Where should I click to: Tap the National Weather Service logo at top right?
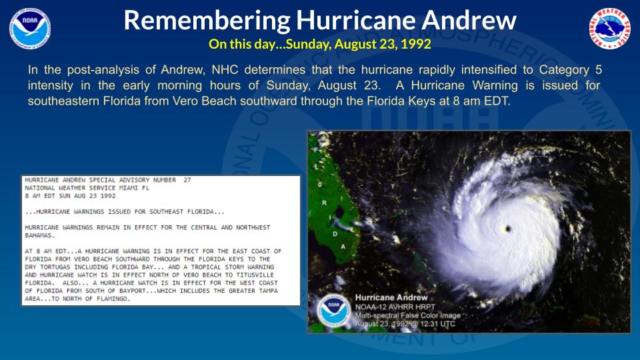click(x=609, y=29)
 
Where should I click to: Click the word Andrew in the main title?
click(x=471, y=21)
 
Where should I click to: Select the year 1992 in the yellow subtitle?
click(x=418, y=45)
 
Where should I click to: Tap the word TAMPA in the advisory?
click(x=273, y=291)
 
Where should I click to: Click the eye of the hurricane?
click(x=509, y=229)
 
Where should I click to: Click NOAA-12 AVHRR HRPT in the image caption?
click(x=393, y=307)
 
